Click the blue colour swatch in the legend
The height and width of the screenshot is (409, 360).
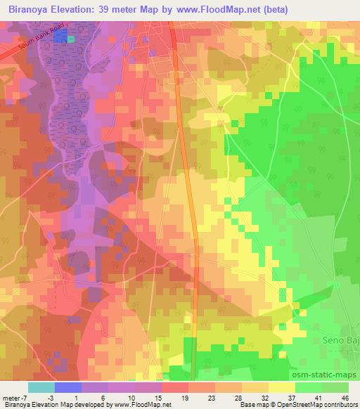point(67,387)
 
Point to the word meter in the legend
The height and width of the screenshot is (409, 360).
point(13,397)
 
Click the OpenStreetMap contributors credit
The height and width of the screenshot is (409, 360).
point(316,405)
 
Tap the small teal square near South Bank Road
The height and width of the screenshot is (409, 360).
point(70,39)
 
